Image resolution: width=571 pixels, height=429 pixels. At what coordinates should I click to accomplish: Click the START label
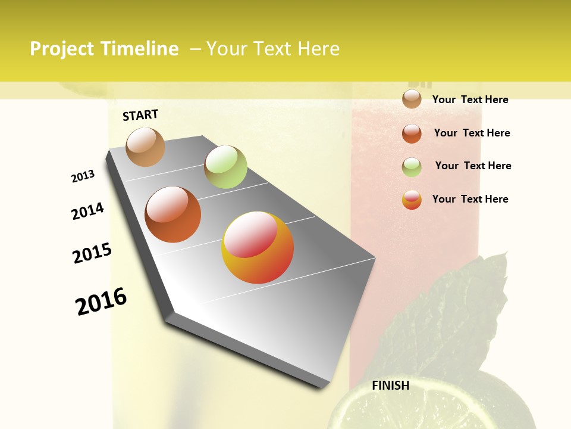(x=140, y=115)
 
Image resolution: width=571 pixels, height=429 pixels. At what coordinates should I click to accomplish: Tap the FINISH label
(x=390, y=386)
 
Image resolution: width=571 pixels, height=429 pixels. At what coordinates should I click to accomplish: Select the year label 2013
(x=83, y=176)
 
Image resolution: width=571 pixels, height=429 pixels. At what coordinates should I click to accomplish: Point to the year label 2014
(x=87, y=211)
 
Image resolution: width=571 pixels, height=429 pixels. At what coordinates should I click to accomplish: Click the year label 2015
(x=92, y=253)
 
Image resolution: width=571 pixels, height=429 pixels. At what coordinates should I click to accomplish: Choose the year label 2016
(x=101, y=301)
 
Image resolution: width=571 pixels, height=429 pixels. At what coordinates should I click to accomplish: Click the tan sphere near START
(x=146, y=147)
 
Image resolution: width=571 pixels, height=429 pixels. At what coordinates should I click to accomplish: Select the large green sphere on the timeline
(x=225, y=167)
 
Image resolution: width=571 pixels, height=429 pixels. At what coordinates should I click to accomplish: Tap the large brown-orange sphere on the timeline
(x=173, y=214)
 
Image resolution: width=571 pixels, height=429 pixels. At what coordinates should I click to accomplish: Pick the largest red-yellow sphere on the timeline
(x=258, y=247)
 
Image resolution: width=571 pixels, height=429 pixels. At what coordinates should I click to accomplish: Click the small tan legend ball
(x=412, y=99)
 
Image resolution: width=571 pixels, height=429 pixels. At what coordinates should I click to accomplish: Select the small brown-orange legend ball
(x=412, y=133)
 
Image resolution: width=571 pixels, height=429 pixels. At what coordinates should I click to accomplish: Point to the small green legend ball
(x=412, y=167)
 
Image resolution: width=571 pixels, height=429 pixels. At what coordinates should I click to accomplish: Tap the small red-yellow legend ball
(x=412, y=200)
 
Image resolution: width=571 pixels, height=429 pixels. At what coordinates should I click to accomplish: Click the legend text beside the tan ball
(x=470, y=100)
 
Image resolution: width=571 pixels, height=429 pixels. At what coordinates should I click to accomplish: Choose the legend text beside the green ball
(x=473, y=166)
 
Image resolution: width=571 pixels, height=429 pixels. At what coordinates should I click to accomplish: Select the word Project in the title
(x=61, y=49)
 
